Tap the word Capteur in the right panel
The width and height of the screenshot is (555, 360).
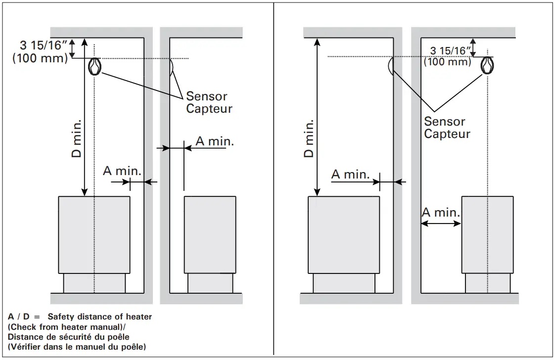click(447, 134)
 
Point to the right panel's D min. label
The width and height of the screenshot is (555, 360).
click(309, 138)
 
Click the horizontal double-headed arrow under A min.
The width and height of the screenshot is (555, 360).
click(441, 224)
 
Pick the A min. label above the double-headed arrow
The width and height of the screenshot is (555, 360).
click(441, 213)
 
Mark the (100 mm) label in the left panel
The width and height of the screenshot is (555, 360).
click(40, 58)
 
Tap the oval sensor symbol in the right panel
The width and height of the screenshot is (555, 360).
click(488, 65)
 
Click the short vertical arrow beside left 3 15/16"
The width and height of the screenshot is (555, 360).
click(72, 48)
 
